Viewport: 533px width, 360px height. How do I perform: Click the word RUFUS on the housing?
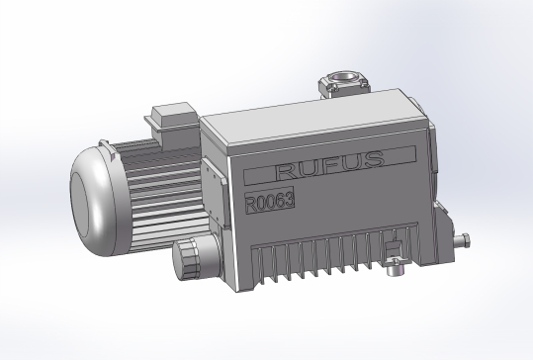coord(330,164)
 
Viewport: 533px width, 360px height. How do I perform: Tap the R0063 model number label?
coord(270,201)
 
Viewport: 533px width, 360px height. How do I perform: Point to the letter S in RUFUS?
coord(374,159)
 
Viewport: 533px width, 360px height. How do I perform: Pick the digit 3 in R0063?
coord(289,199)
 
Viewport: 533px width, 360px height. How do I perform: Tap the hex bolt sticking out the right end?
coord(463,240)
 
